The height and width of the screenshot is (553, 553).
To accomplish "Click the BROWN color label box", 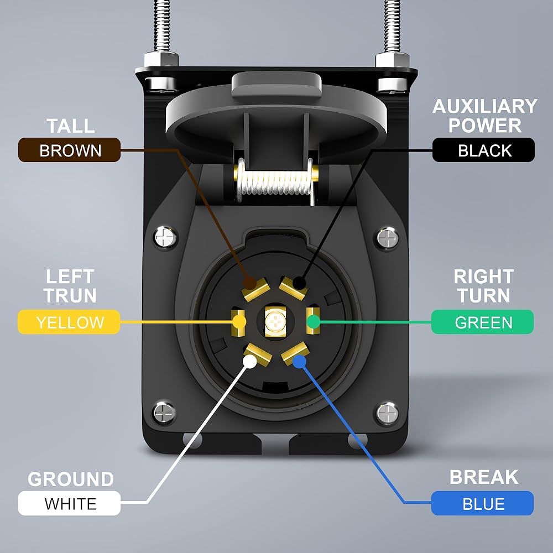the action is pyautogui.click(x=70, y=150).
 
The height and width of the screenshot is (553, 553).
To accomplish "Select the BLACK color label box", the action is pyautogui.click(x=483, y=150).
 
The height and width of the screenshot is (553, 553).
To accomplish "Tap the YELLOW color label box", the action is pyautogui.click(x=69, y=322).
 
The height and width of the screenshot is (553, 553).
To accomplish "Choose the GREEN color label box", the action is pyautogui.click(x=482, y=322).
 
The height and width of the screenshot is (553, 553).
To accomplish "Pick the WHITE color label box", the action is pyautogui.click(x=70, y=503).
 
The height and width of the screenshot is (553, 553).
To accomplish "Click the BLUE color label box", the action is pyautogui.click(x=482, y=503).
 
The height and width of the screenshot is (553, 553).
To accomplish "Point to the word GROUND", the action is pyautogui.click(x=71, y=479).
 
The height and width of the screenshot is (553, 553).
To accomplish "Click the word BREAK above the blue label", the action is pyautogui.click(x=484, y=477).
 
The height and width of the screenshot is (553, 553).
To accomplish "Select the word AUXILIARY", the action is pyautogui.click(x=485, y=106).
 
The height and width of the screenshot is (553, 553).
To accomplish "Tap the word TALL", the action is pyautogui.click(x=71, y=126).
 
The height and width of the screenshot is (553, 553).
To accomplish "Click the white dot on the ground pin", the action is pyautogui.click(x=250, y=362).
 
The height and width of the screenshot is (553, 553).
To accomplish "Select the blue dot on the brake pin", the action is pyautogui.click(x=299, y=362).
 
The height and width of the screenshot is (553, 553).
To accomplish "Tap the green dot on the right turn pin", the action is pyautogui.click(x=313, y=322).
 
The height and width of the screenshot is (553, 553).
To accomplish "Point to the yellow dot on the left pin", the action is pyautogui.click(x=239, y=322).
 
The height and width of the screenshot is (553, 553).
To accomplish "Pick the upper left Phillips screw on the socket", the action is pyautogui.click(x=165, y=237).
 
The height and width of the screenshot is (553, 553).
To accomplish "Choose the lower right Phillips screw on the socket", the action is pyautogui.click(x=387, y=413).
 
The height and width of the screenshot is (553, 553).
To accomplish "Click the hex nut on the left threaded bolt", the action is pyautogui.click(x=161, y=60).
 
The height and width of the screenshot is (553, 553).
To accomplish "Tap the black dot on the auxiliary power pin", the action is pyautogui.click(x=299, y=283).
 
